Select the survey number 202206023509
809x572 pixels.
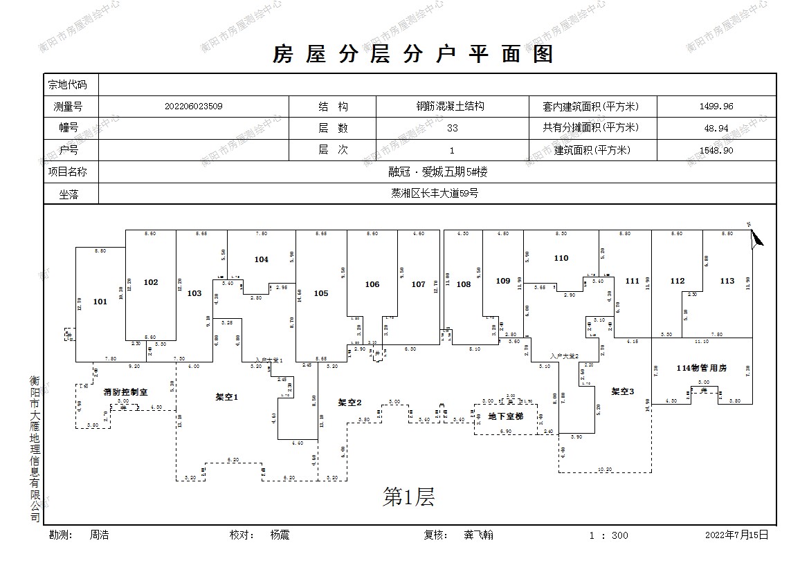click(194, 107)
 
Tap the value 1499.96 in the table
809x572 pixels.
click(716, 107)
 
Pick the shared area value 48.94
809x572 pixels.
click(716, 128)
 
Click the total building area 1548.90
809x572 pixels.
click(716, 150)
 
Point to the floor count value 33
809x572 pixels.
click(452, 128)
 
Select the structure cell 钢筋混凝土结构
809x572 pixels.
click(449, 107)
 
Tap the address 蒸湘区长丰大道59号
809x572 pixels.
click(435, 194)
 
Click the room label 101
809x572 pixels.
click(100, 302)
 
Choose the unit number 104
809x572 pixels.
click(261, 259)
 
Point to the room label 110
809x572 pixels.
click(561, 258)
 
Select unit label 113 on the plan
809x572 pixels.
click(727, 281)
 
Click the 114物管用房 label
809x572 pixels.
click(702, 368)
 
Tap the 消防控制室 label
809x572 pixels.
click(125, 391)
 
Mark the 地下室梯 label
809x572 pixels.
click(506, 416)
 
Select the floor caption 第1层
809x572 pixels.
click(408, 497)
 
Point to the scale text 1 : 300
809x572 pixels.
click(609, 535)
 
